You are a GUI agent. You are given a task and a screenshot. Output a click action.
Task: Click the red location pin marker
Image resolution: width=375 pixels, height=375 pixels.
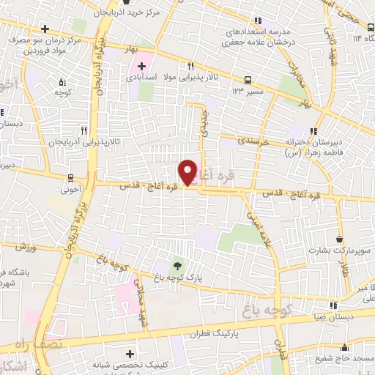tap(188, 171)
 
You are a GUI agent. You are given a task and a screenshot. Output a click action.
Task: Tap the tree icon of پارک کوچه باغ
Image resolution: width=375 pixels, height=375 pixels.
tap(176, 266)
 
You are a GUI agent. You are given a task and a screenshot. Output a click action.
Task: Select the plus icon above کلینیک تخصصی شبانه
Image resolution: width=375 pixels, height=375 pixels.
tap(98, 349)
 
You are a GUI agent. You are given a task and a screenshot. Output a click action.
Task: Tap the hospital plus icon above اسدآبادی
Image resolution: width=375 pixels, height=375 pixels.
tap(141, 65)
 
